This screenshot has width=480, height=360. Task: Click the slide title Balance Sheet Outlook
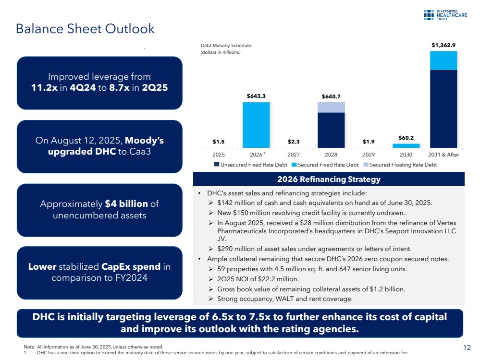click(x=85, y=29)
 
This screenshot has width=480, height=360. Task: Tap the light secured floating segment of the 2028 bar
click(x=331, y=107)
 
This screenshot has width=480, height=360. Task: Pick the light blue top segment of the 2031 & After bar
click(x=443, y=60)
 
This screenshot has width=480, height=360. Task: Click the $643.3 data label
click(x=256, y=96)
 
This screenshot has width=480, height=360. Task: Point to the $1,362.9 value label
click(x=443, y=45)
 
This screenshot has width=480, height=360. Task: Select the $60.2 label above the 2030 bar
click(x=406, y=137)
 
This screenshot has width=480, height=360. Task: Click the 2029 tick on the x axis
click(x=369, y=155)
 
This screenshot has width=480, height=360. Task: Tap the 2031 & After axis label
click(x=443, y=155)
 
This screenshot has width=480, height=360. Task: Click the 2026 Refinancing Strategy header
click(x=329, y=180)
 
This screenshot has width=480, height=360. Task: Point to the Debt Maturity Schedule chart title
click(x=226, y=46)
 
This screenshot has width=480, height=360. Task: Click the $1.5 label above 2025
click(x=219, y=142)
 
